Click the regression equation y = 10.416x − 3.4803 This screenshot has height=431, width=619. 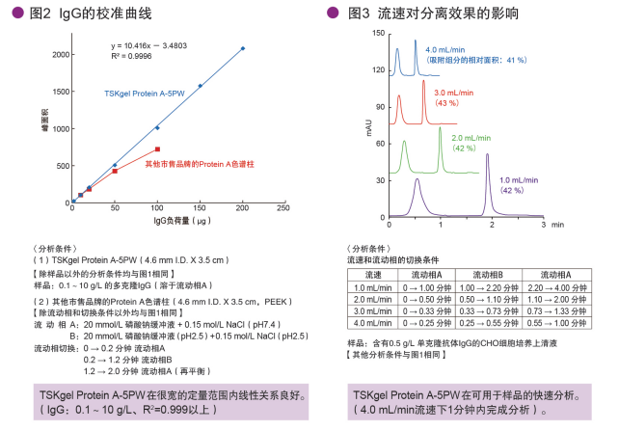pos(148,45)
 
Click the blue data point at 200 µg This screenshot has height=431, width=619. pos(243,48)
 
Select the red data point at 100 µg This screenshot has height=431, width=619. pos(157,148)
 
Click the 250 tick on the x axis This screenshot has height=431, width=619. pos(283,207)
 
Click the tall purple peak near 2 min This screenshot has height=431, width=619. pos(488,159)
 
